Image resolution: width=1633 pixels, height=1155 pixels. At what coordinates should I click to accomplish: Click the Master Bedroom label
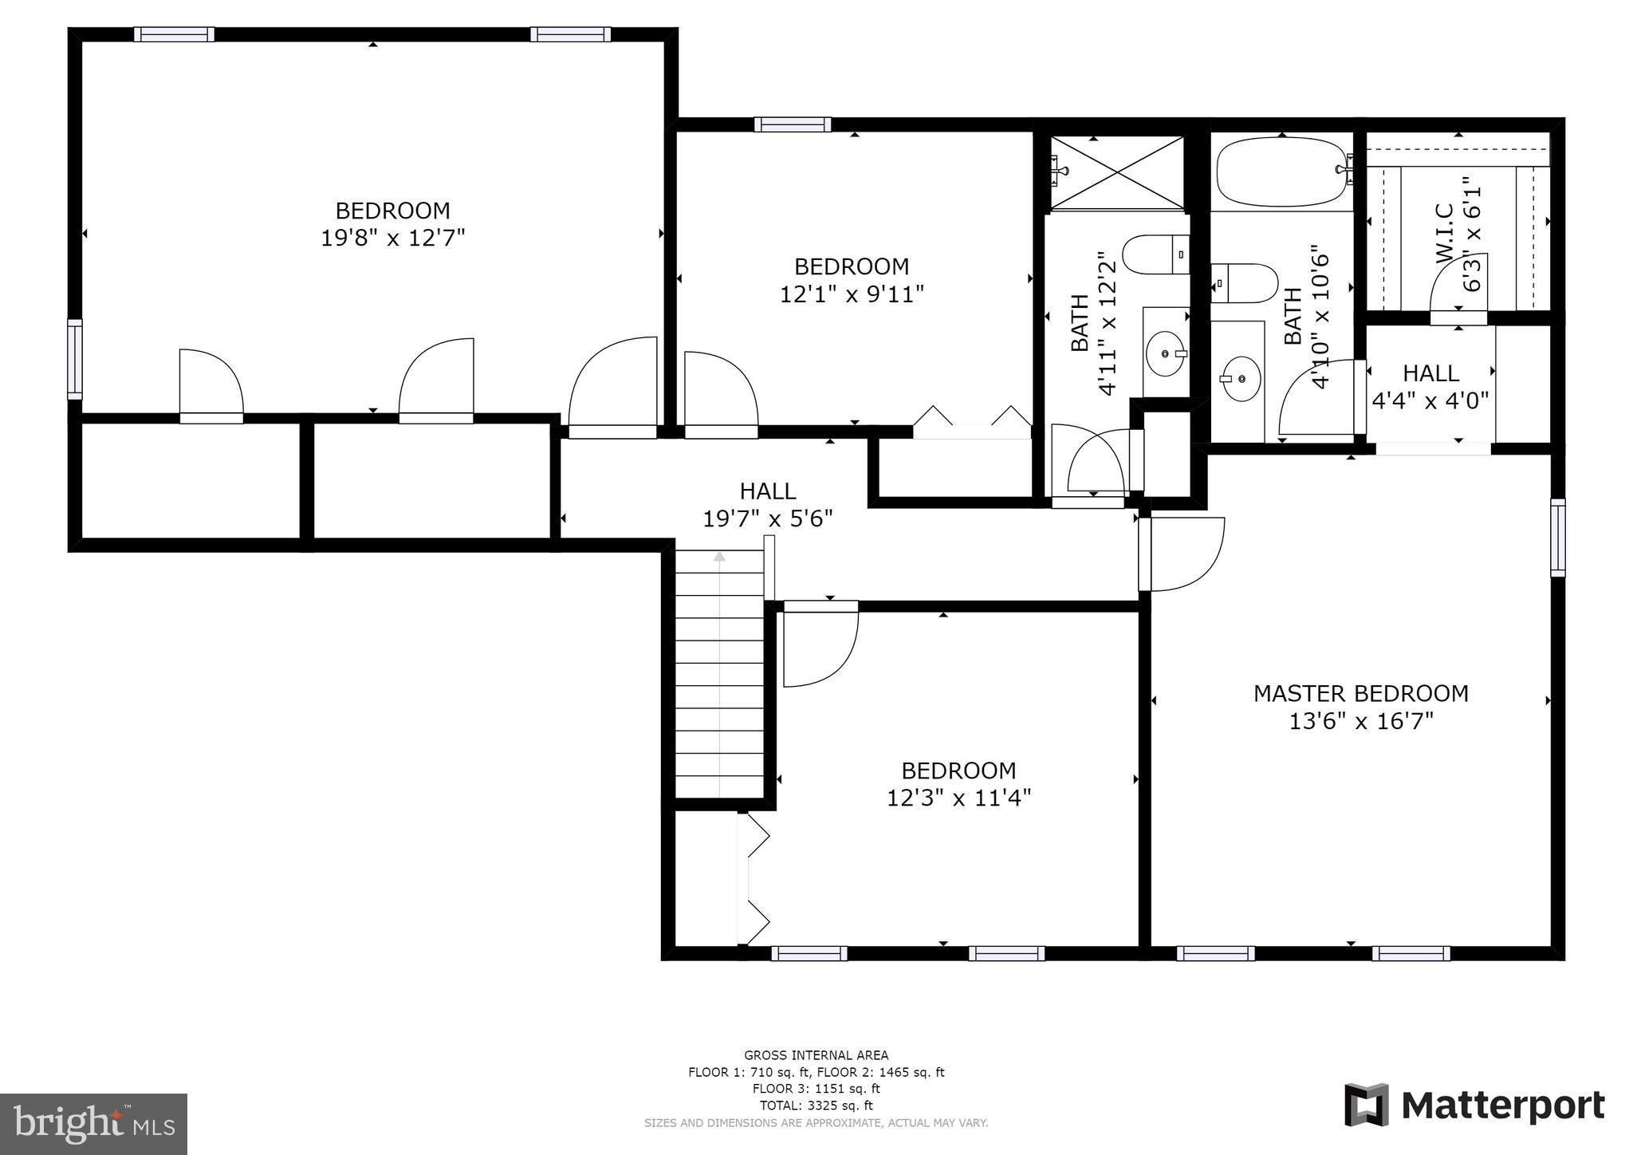pyautogui.click(x=1361, y=693)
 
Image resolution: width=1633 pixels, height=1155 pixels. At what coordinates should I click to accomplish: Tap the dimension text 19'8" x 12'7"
pyautogui.click(x=392, y=238)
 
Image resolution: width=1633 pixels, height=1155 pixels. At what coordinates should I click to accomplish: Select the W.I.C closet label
pyautogui.click(x=1445, y=234)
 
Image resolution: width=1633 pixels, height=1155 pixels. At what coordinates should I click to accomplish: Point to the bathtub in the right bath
pyautogui.click(x=1283, y=171)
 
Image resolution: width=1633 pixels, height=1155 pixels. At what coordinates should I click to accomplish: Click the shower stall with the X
pyautogui.click(x=1117, y=173)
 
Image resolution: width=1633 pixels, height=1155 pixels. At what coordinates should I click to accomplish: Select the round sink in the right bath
pyautogui.click(x=1241, y=379)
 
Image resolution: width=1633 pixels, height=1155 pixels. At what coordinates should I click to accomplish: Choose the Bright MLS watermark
pyautogui.click(x=94, y=1123)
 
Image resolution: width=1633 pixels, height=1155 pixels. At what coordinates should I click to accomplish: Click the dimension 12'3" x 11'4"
pyautogui.click(x=959, y=798)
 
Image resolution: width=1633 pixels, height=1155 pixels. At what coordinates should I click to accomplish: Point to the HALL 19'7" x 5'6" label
pyautogui.click(x=768, y=505)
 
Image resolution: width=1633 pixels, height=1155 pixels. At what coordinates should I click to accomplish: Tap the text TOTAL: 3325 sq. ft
pyautogui.click(x=816, y=1106)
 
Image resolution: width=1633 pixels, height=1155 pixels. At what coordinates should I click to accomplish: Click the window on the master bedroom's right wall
pyautogui.click(x=1557, y=538)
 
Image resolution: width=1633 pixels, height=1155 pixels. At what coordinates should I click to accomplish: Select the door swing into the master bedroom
pyautogui.click(x=1182, y=554)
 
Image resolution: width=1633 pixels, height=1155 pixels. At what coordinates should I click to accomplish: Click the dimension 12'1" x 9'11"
pyautogui.click(x=852, y=294)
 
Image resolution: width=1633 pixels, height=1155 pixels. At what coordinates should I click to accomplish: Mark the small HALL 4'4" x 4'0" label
pyautogui.click(x=1430, y=386)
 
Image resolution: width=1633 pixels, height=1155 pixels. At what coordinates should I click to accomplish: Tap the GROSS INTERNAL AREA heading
pyautogui.click(x=816, y=1055)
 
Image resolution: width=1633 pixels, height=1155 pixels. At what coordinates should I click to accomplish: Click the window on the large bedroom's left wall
pyautogui.click(x=74, y=359)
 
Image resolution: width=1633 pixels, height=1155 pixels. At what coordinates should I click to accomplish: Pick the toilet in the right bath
pyautogui.click(x=1245, y=283)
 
